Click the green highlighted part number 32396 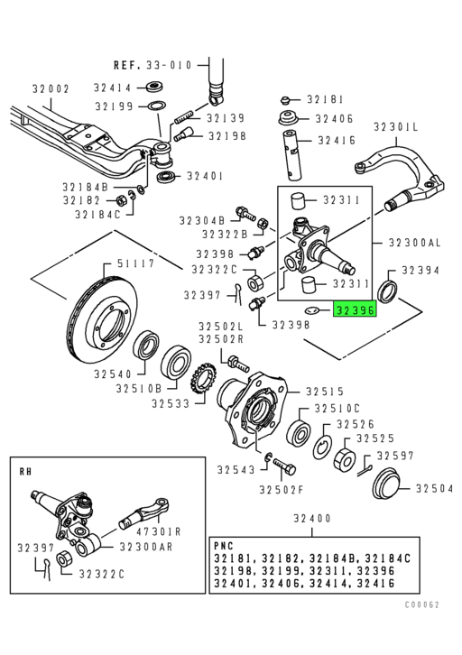click(355, 309)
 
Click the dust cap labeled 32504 click(385, 483)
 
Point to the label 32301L click(395, 126)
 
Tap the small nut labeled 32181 click(286, 100)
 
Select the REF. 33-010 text click(152, 65)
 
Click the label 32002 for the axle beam click(51, 88)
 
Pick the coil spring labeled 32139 click(184, 116)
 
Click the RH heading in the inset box click(25, 471)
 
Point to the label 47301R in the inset click(159, 531)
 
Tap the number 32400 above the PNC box click(312, 518)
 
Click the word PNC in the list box click(224, 546)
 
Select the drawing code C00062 click(422, 604)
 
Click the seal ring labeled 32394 click(388, 291)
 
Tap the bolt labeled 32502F click(284, 466)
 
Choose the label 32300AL click(414, 243)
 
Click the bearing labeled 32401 click(168, 176)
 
